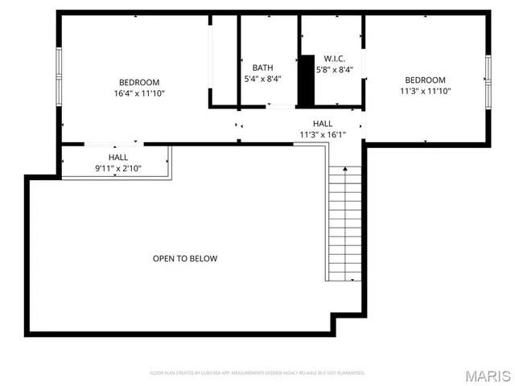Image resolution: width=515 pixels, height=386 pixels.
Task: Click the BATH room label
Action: tap(263, 68)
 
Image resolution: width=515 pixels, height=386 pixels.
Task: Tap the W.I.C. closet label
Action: tap(335, 58)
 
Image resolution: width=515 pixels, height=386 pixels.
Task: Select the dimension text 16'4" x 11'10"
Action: tap(139, 93)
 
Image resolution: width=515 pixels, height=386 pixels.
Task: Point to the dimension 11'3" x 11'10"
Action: tap(425, 91)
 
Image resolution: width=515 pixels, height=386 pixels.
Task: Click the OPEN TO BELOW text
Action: tap(185, 258)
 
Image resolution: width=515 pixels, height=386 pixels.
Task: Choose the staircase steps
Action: tap(344, 224)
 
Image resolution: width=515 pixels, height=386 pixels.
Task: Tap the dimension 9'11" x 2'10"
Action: tap(118, 169)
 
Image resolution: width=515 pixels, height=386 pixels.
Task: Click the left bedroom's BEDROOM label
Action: tap(139, 82)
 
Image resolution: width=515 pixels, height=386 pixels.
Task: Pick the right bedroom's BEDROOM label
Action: tap(425, 80)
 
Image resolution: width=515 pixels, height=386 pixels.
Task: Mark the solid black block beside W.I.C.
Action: tap(306, 80)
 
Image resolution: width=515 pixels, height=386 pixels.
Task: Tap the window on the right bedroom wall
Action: tap(488, 80)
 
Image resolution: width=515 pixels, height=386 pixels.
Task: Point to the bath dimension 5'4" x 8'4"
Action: tap(263, 79)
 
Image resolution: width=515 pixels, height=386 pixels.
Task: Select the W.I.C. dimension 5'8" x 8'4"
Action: tap(335, 69)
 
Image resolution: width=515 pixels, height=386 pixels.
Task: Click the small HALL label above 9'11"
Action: tap(118, 158)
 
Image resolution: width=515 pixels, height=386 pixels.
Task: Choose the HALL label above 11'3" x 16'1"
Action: tap(323, 123)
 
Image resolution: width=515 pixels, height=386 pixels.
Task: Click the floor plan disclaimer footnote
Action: tap(257, 373)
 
